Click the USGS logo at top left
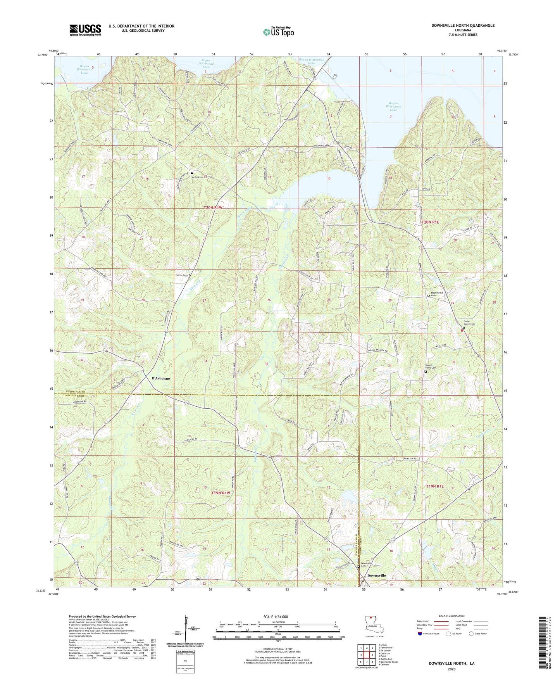tap(85, 30)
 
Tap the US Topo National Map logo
tap(278, 31)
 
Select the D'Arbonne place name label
tap(160, 378)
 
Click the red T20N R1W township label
tap(213, 208)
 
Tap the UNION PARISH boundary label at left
tap(70, 392)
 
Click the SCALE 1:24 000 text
tap(276, 617)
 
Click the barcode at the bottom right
tap(543, 648)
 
